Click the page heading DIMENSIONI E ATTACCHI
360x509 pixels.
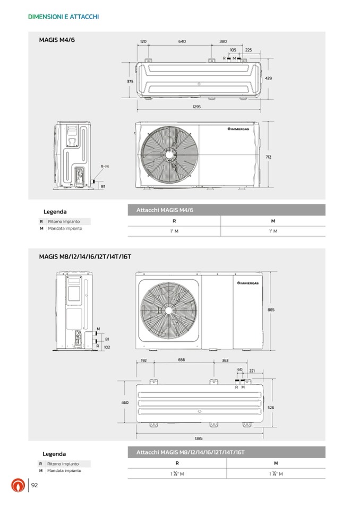[64, 17]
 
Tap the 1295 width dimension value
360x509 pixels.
[197, 106]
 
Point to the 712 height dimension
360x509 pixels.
[269, 157]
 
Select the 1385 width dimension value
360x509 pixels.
[199, 438]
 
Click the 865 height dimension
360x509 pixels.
[271, 310]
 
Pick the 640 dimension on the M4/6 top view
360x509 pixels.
[182, 41]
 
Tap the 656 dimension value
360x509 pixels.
[182, 360]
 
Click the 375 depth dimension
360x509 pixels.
[130, 81]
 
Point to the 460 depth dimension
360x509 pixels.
[125, 403]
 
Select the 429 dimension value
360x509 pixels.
[268, 78]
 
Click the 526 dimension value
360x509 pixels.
[271, 407]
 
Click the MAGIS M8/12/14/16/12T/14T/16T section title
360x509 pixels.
[85, 256]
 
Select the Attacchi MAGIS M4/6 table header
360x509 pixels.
[165, 210]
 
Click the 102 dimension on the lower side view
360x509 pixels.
[107, 347]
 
